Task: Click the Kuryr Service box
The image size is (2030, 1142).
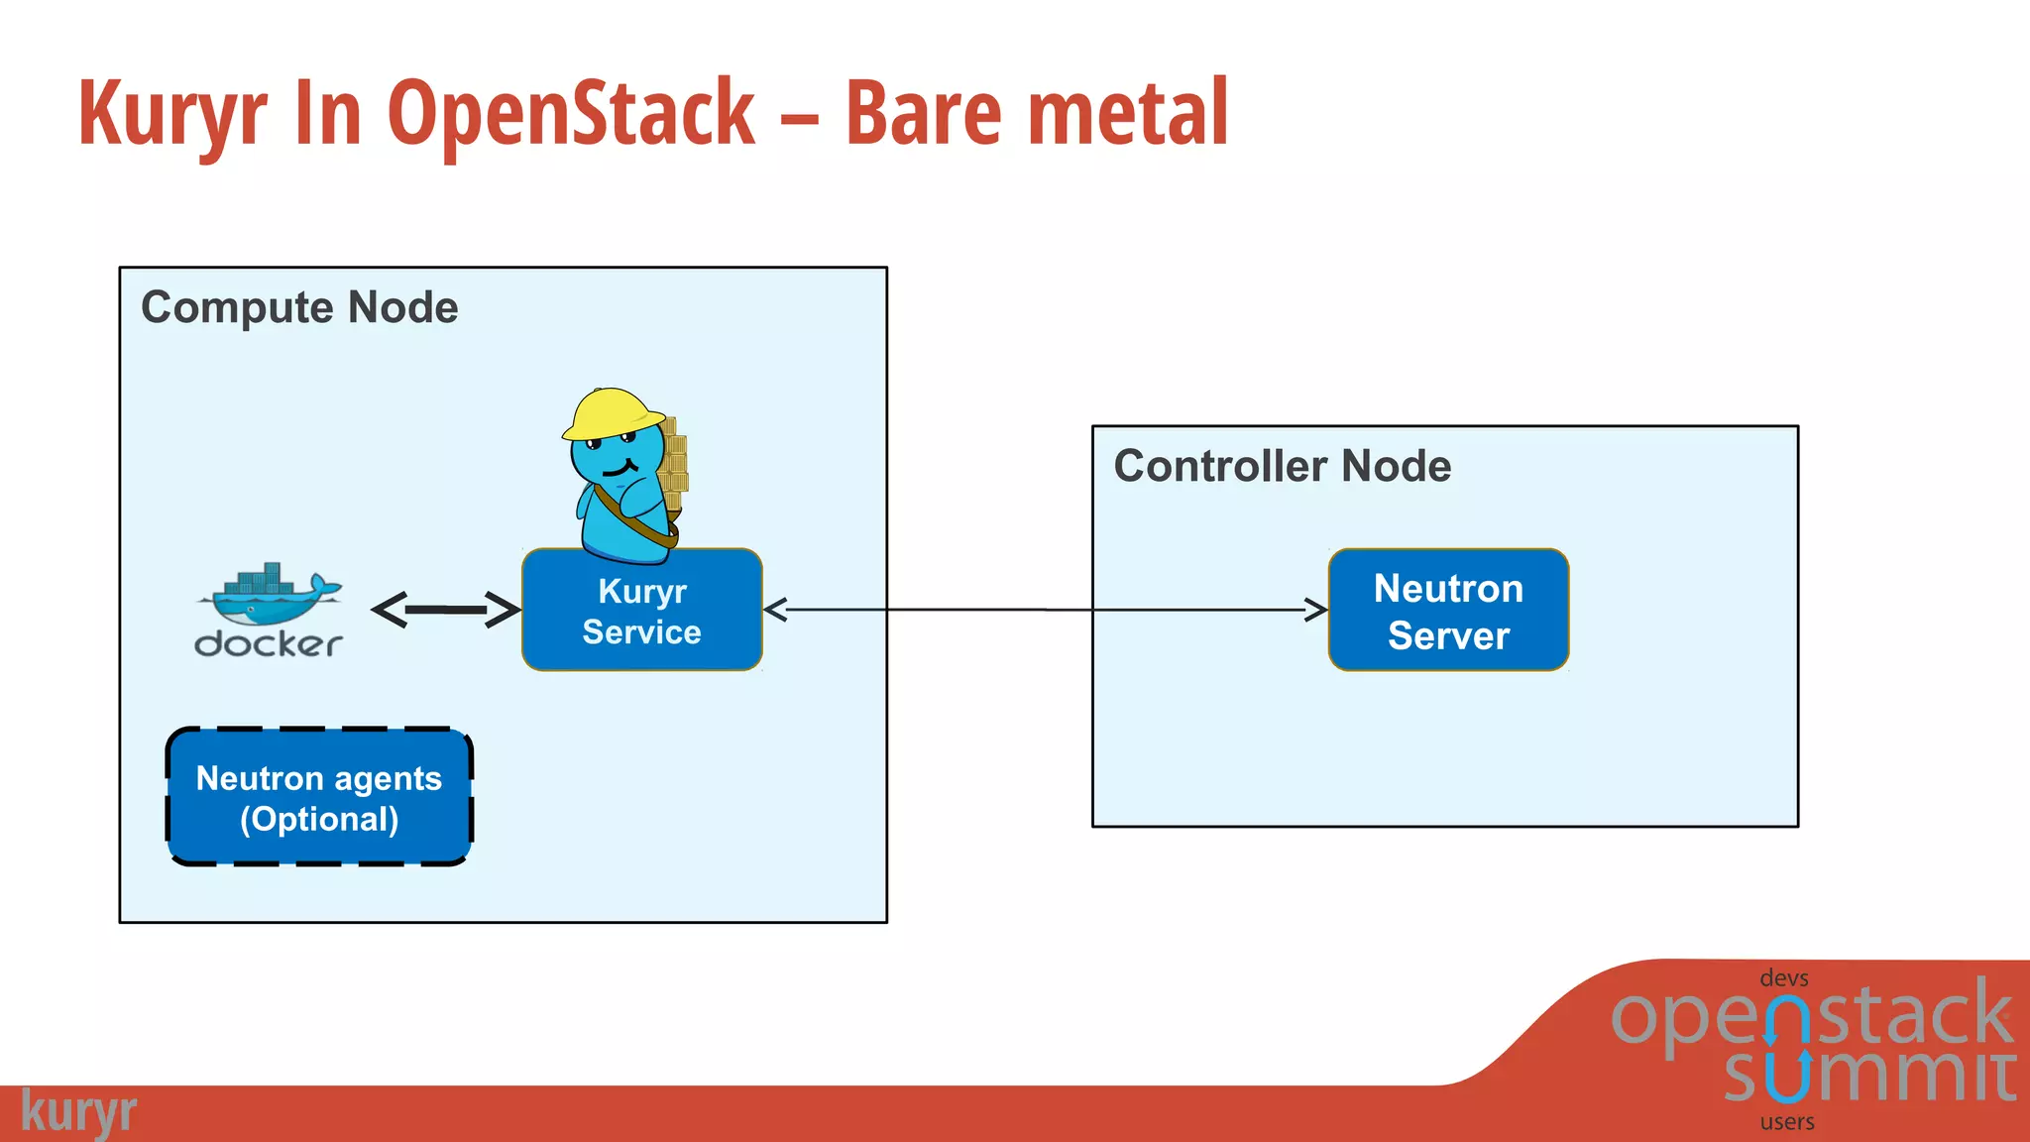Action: (x=641, y=611)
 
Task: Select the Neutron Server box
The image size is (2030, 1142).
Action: (x=1448, y=611)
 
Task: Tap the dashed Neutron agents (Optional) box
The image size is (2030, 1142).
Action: (x=318, y=797)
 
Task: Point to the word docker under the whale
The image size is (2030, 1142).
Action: (x=269, y=644)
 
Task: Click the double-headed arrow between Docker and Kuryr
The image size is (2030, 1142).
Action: (x=445, y=610)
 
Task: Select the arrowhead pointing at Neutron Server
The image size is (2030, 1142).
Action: (x=1316, y=610)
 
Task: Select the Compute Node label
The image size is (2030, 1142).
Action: (x=299, y=307)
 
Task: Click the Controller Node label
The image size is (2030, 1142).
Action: (x=1282, y=466)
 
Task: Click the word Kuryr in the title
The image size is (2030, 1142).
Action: (x=172, y=114)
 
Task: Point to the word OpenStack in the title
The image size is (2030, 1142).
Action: (x=571, y=114)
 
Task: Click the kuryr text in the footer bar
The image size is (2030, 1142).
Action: (x=78, y=1112)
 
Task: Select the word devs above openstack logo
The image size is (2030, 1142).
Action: (x=1783, y=978)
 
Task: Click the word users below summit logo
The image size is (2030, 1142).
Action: (x=1787, y=1122)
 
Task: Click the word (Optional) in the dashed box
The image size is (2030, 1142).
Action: (x=318, y=820)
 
